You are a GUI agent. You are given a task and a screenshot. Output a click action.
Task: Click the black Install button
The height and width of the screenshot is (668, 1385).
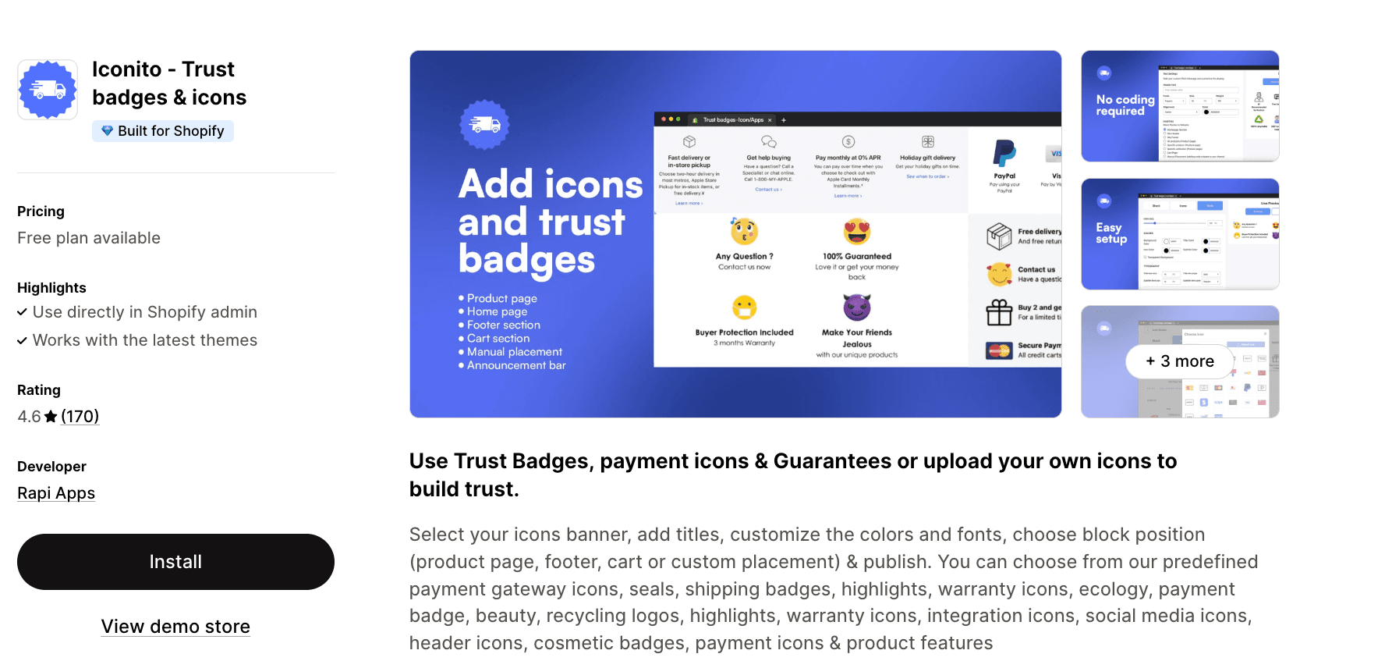(x=175, y=562)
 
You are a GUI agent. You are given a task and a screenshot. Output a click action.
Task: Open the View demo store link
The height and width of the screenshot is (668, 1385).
(x=175, y=627)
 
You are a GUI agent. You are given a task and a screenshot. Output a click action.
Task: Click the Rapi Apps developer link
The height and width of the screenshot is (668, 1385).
(x=56, y=493)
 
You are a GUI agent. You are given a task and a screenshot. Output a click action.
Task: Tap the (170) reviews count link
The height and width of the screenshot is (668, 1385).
(x=80, y=417)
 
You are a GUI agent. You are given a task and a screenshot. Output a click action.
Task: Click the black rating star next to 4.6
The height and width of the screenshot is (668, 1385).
(x=51, y=417)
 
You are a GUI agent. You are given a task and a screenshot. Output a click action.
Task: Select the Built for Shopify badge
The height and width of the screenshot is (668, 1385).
(x=163, y=131)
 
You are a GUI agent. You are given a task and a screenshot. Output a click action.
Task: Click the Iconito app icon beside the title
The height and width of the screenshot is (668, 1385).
(x=48, y=90)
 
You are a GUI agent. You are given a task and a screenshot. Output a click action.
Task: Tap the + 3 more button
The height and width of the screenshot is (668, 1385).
(x=1180, y=361)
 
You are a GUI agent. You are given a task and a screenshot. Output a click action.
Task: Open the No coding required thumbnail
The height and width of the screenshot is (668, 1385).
(x=1180, y=106)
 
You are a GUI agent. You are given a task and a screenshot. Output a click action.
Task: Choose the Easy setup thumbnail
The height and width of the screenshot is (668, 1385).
(x=1180, y=234)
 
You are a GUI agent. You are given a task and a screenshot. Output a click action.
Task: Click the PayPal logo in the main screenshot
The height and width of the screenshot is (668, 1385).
(x=1004, y=154)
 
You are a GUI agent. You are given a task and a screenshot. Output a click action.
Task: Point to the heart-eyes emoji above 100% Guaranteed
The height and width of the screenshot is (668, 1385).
(x=857, y=232)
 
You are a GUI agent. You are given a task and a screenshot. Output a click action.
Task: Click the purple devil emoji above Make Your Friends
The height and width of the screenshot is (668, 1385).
(x=857, y=307)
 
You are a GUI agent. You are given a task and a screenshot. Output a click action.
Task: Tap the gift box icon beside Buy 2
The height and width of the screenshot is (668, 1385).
(x=999, y=312)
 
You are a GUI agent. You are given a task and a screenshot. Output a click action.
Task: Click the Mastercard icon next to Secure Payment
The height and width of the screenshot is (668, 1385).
(x=999, y=350)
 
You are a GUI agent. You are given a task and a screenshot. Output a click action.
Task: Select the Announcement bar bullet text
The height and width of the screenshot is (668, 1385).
(x=516, y=365)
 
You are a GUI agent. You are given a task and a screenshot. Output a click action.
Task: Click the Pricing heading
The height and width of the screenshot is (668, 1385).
(x=41, y=211)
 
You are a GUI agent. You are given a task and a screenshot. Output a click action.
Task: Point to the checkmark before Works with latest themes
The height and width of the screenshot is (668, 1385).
(x=23, y=341)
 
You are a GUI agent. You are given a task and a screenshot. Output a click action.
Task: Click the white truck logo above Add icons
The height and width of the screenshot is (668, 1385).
(x=484, y=124)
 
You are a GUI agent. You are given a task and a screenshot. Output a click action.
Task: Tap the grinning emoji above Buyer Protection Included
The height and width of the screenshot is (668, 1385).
(x=745, y=307)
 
